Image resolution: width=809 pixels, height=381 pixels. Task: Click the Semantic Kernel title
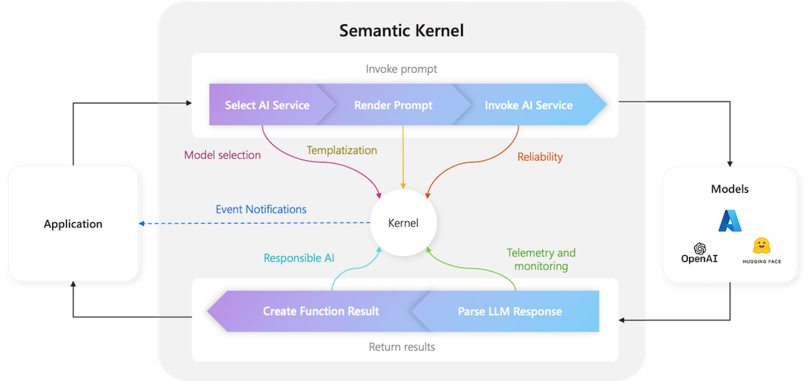(x=401, y=31)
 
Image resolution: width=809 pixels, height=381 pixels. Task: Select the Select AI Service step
(x=267, y=105)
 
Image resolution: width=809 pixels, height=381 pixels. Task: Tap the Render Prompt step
(x=393, y=105)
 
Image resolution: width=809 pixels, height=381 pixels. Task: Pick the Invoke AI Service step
(x=528, y=105)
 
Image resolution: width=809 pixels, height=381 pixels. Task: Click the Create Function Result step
(x=321, y=311)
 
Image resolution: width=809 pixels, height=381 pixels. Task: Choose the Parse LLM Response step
(x=510, y=311)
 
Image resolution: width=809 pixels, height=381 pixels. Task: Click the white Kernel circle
(x=402, y=223)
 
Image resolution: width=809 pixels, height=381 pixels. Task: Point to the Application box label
(x=73, y=224)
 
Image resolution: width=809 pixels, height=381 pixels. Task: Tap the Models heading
(x=730, y=189)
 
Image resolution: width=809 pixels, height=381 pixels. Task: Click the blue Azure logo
(x=730, y=221)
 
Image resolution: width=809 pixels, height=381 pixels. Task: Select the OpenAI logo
(x=699, y=253)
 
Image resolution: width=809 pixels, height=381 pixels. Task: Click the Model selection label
(x=222, y=155)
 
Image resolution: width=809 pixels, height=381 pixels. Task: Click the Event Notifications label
(x=261, y=209)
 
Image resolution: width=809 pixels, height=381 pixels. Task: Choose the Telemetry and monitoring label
(x=541, y=260)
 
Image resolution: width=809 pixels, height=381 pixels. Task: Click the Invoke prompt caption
(x=401, y=69)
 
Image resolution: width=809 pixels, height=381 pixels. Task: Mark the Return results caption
(x=402, y=346)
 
